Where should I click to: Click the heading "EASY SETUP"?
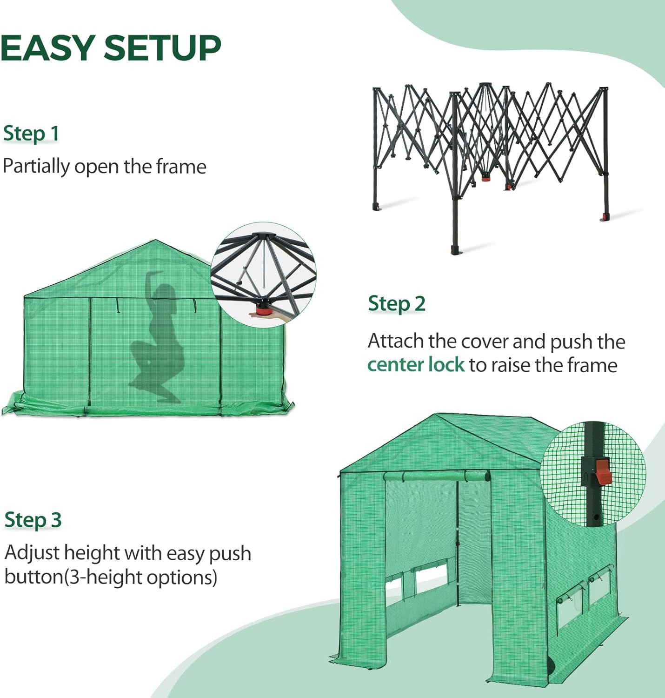click(x=111, y=48)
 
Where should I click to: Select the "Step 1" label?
click(x=31, y=134)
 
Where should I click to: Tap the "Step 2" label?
click(x=396, y=304)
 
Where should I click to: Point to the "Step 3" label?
click(x=33, y=520)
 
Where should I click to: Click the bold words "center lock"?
click(x=416, y=365)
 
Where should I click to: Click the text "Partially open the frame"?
click(x=104, y=167)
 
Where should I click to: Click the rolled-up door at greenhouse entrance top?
click(x=437, y=477)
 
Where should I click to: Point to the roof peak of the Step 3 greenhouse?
click(x=436, y=415)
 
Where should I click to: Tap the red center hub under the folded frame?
click(x=485, y=177)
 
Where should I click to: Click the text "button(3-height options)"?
click(x=111, y=577)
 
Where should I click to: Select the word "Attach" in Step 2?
click(x=396, y=341)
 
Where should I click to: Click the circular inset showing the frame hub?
click(x=263, y=275)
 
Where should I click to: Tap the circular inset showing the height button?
click(x=593, y=475)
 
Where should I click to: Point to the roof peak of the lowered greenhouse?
click(x=155, y=241)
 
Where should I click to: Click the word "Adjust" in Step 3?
click(x=32, y=553)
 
